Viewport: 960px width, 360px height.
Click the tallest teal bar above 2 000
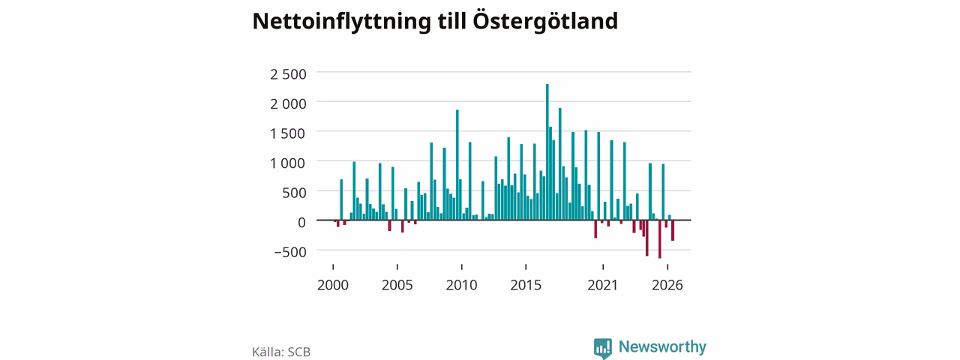click(547, 151)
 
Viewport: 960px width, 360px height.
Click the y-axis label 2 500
click(288, 74)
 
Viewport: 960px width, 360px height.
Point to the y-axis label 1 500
click(288, 133)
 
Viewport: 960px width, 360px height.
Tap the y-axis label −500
click(290, 252)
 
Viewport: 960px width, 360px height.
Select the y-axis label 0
click(301, 223)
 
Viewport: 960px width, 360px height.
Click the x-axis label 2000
click(333, 285)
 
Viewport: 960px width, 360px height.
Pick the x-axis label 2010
click(461, 285)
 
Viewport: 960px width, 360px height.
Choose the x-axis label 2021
click(602, 285)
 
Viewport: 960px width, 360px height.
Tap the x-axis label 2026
click(667, 285)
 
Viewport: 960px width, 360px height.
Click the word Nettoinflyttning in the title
click(341, 22)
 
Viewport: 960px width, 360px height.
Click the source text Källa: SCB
click(281, 352)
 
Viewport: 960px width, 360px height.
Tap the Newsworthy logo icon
click(602, 348)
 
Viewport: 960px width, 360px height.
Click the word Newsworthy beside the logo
click(662, 346)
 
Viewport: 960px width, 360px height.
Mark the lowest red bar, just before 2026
click(660, 239)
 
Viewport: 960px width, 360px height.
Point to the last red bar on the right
click(673, 230)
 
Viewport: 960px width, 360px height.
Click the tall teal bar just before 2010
click(457, 165)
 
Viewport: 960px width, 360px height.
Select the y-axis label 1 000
click(288, 163)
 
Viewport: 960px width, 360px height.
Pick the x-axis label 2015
click(526, 285)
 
